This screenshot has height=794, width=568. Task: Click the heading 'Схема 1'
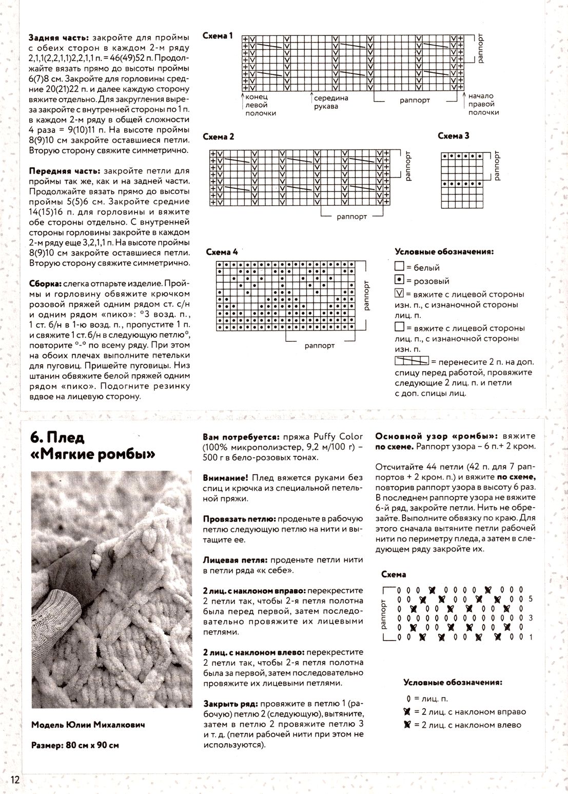click(x=218, y=36)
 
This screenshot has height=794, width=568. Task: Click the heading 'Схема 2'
click(x=219, y=137)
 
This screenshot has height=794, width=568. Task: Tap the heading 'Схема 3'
click(x=454, y=136)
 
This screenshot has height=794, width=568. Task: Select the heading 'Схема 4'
click(x=222, y=253)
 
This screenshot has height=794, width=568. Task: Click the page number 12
click(x=14, y=780)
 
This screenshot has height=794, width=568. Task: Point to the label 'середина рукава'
click(x=331, y=102)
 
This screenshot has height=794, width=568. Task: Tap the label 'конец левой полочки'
click(x=261, y=105)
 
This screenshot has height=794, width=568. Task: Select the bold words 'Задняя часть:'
click(x=59, y=38)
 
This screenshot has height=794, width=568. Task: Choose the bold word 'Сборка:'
click(x=45, y=284)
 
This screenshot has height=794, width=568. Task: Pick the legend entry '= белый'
click(x=417, y=267)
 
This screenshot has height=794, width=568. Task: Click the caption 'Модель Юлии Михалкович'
click(x=88, y=725)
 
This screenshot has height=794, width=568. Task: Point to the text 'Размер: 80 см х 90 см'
click(x=75, y=745)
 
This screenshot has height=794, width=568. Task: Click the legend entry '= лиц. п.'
click(x=426, y=699)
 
